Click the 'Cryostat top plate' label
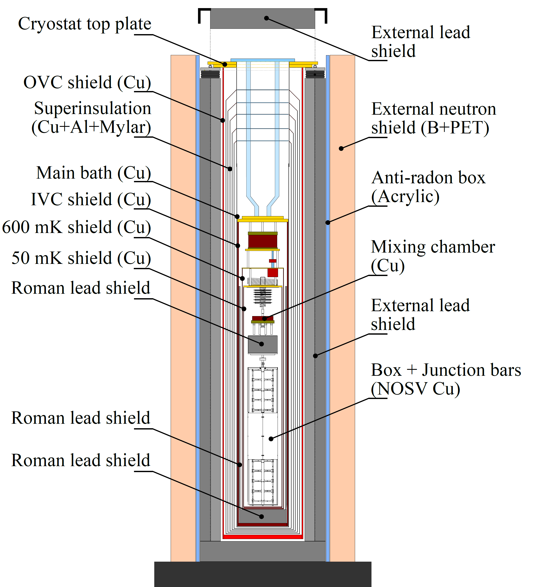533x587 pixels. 84,24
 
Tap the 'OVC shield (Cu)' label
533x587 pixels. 87,82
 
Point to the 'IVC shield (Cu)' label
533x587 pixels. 91,200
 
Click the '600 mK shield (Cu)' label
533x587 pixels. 76,227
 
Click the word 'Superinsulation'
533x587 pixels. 93,108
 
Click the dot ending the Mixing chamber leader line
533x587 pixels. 264,318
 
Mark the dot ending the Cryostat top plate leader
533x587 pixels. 225,64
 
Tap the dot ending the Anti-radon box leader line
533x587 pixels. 328,223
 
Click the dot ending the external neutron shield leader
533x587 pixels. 341,149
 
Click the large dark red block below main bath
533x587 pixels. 263,241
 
